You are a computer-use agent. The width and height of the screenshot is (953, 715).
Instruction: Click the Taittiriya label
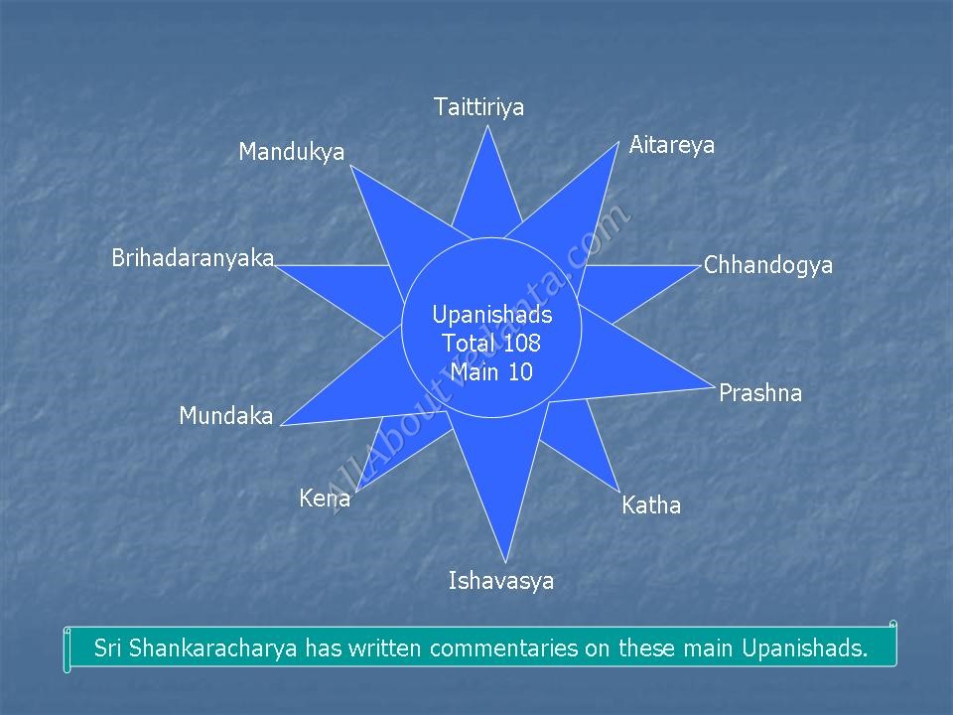[478, 107]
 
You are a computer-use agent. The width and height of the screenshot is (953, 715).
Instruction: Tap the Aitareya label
[672, 145]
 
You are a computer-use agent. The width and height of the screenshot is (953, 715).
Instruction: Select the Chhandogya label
[768, 266]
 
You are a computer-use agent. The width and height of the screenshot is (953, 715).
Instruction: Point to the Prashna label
[760, 393]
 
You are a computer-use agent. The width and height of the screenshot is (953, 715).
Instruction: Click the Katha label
[651, 505]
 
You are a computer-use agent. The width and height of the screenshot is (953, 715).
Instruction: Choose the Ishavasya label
[501, 581]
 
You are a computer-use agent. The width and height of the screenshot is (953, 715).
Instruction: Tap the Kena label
[325, 499]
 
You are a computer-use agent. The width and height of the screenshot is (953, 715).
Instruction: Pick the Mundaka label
[226, 416]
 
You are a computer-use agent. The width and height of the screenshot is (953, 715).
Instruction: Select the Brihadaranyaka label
[193, 258]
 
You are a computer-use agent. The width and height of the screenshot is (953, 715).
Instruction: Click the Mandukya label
[291, 152]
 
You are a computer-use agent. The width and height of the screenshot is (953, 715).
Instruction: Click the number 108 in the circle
[522, 344]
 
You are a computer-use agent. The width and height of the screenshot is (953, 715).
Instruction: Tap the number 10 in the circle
[520, 372]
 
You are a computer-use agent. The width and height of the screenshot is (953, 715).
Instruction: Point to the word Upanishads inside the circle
[492, 315]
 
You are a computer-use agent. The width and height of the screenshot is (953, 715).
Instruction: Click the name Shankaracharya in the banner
[212, 648]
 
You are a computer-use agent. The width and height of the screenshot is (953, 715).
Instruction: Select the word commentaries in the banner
[504, 648]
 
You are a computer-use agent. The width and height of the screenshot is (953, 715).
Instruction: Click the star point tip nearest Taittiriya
[487, 126]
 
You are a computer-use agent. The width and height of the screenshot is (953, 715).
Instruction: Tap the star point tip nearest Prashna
[714, 386]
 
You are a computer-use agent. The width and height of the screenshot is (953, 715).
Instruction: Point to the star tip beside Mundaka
[281, 425]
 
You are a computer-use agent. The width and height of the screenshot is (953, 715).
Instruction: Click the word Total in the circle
[468, 344]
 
